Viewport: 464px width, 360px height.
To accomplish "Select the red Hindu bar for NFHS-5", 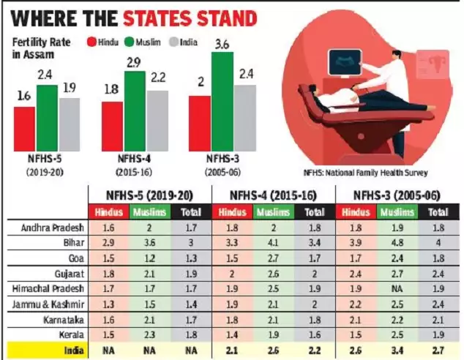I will click(24, 127).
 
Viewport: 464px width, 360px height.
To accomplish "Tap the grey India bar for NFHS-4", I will click(157, 119).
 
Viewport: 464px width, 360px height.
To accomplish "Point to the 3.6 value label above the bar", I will click(222, 45).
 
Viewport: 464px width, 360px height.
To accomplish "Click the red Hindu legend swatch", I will click(91, 41).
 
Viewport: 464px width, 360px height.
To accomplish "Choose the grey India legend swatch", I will click(174, 41).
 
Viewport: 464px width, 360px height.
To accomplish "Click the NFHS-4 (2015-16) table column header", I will click(273, 195).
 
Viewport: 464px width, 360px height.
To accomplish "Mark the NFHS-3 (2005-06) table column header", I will click(396, 195).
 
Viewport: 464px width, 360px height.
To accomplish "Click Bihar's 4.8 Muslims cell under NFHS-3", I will click(396, 241).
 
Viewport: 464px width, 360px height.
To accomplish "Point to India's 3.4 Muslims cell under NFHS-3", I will click(396, 350).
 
